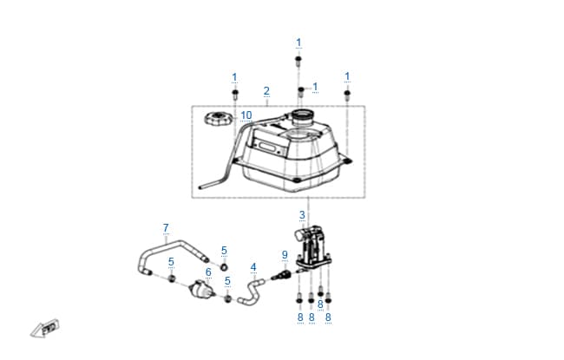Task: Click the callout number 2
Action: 266,90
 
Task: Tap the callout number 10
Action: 246,115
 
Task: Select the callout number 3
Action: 302,215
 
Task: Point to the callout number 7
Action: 166,228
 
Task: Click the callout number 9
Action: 285,255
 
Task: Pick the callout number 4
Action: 253,267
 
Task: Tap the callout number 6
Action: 208,272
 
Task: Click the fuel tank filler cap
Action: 217,119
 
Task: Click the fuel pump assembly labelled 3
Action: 312,248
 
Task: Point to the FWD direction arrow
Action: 44,329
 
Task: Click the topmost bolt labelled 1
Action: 298,61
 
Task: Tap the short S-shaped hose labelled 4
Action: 251,292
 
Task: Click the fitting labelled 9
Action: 281,276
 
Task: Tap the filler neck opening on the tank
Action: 302,115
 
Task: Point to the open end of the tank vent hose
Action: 200,187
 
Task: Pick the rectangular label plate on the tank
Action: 268,147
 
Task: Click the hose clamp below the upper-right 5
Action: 224,267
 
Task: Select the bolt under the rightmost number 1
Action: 347,95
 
